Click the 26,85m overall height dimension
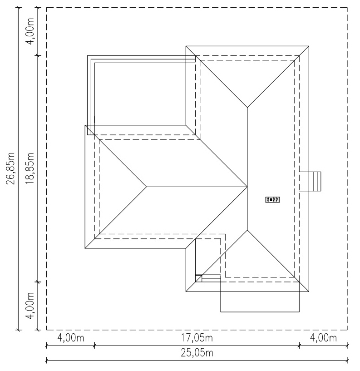pyautogui.click(x=11, y=168)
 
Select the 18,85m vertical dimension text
pyautogui.click(x=30, y=168)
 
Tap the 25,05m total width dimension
pyautogui.click(x=197, y=353)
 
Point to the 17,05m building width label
pyautogui.click(x=197, y=338)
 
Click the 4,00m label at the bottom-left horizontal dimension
pyautogui.click(x=71, y=338)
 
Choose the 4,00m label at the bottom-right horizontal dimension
pyautogui.click(x=323, y=338)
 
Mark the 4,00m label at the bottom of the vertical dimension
pyautogui.click(x=30, y=306)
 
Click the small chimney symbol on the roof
pyautogui.click(x=272, y=200)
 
